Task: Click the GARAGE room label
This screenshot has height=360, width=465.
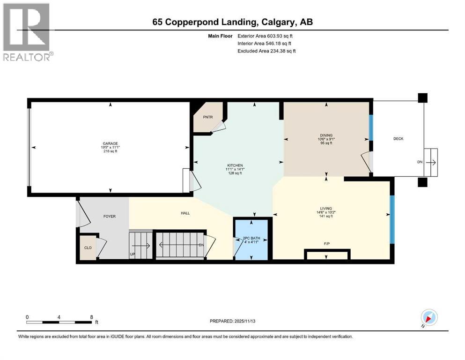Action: click(x=110, y=144)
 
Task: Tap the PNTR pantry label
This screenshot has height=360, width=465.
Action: click(x=208, y=117)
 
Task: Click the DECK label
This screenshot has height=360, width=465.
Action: click(x=398, y=138)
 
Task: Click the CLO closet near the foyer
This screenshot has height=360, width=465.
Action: click(x=88, y=247)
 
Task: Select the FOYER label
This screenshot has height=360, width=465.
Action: click(x=109, y=216)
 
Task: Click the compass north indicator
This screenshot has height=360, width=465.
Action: click(x=428, y=317)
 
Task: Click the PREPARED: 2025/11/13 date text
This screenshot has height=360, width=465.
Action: click(x=233, y=321)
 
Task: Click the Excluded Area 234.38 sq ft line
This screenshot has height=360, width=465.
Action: click(x=267, y=51)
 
